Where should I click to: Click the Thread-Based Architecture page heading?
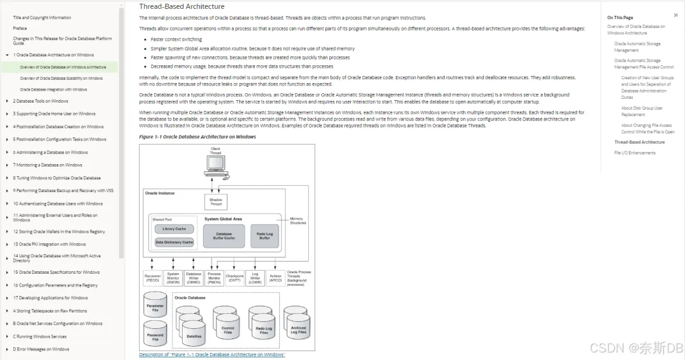pyautogui.click(x=181, y=7)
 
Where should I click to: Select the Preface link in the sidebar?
pyautogui.click(x=20, y=28)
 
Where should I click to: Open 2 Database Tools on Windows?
pyautogui.click(x=41, y=101)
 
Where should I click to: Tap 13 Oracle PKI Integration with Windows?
pyautogui.click(x=49, y=244)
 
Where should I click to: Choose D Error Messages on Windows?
pyautogui.click(x=41, y=349)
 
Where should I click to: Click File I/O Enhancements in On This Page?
pyautogui.click(x=635, y=153)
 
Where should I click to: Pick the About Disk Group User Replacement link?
pyautogui.click(x=642, y=111)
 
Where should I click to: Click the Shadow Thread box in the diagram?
pyautogui.click(x=216, y=202)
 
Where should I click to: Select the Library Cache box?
pyautogui.click(x=174, y=229)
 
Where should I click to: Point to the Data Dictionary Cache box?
pyautogui.click(x=174, y=242)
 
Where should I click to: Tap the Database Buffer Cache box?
pyautogui.click(x=224, y=236)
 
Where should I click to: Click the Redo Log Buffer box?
pyautogui.click(x=264, y=236)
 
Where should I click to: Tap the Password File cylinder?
pyautogui.click(x=155, y=336)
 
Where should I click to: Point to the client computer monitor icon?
pyautogui.click(x=216, y=165)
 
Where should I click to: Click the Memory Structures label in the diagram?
pyautogui.click(x=297, y=221)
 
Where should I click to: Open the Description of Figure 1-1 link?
pyautogui.click(x=212, y=355)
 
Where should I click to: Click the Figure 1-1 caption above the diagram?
pyautogui.click(x=197, y=137)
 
